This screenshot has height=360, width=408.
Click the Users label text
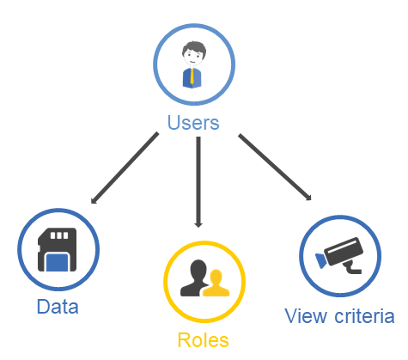point(193,123)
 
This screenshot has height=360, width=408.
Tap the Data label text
point(58,307)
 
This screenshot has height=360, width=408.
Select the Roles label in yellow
point(204,340)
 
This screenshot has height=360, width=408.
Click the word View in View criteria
point(306,316)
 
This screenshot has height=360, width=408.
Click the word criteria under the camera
point(364,316)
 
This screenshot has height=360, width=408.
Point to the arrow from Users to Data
point(125,168)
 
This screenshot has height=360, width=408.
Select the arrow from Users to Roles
point(198,182)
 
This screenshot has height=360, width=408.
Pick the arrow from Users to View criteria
point(275,167)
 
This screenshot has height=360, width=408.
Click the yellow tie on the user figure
point(192,76)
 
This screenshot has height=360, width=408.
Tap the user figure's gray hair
point(194,48)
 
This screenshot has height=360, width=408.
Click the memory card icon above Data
point(58,249)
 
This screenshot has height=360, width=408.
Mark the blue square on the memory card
point(58,263)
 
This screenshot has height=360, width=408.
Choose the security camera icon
point(339,255)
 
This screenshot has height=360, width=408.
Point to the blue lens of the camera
point(320,260)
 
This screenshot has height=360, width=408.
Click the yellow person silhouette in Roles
point(216,284)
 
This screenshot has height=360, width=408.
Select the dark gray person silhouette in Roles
point(194,278)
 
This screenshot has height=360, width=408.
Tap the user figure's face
point(192,58)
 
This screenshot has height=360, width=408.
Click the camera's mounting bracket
point(353,267)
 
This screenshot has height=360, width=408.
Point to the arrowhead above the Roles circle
point(198,225)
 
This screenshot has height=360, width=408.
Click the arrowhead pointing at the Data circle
point(94,201)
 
